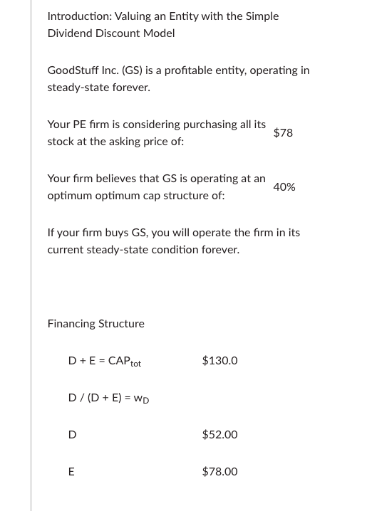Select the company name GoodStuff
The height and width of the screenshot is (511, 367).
click(x=73, y=70)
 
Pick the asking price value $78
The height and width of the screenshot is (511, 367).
click(x=283, y=132)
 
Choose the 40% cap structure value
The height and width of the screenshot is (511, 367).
click(x=284, y=186)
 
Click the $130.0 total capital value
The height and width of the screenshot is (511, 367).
click(x=219, y=360)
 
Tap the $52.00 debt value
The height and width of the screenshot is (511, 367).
click(x=219, y=434)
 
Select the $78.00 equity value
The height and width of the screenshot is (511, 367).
click(x=219, y=471)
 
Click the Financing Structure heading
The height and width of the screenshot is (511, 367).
click(x=95, y=323)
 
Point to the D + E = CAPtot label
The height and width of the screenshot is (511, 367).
click(x=104, y=361)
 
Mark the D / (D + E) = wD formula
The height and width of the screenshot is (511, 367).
click(x=108, y=398)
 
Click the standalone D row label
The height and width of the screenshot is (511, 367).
click(x=72, y=434)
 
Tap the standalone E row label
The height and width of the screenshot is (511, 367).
click(x=71, y=471)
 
